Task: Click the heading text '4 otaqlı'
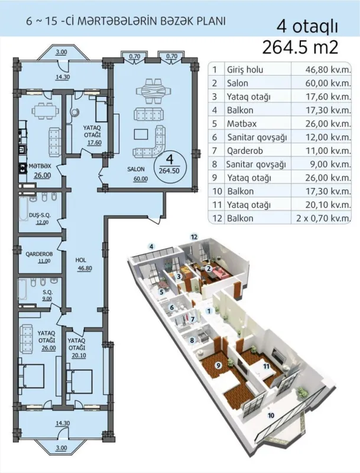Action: pos(303,27)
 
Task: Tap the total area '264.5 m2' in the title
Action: pos(303,47)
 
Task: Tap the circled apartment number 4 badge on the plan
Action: pos(169,162)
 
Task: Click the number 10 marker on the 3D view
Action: pos(271,416)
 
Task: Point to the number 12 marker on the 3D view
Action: pos(193,237)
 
